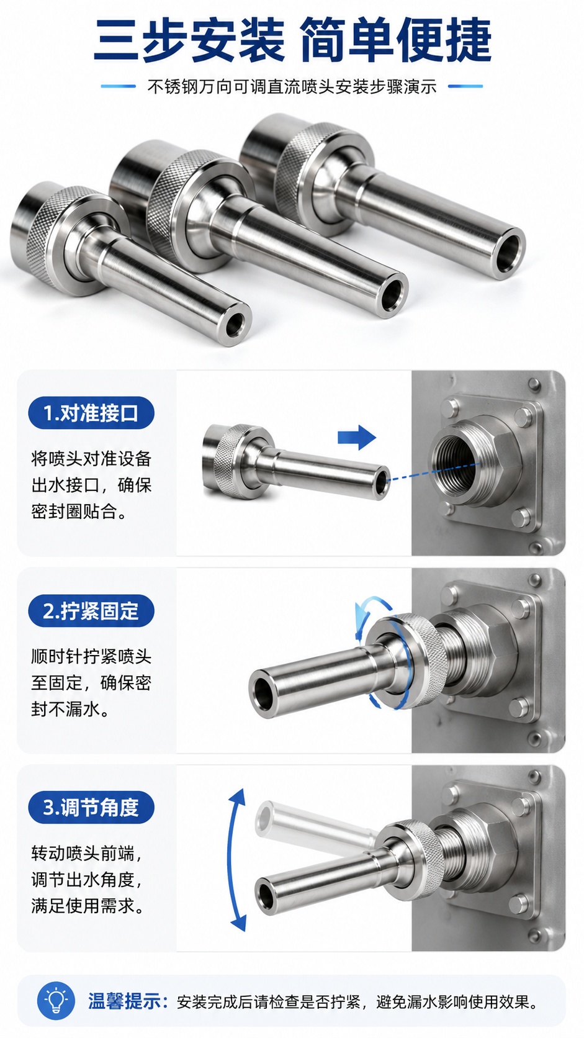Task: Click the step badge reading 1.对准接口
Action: click(x=91, y=412)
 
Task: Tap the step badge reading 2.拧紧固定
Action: click(x=91, y=610)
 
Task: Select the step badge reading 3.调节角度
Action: click(x=91, y=807)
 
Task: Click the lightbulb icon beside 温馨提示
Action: click(x=56, y=1000)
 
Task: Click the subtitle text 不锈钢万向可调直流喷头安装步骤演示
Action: click(x=292, y=87)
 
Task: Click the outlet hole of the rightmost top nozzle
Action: click(x=508, y=253)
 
